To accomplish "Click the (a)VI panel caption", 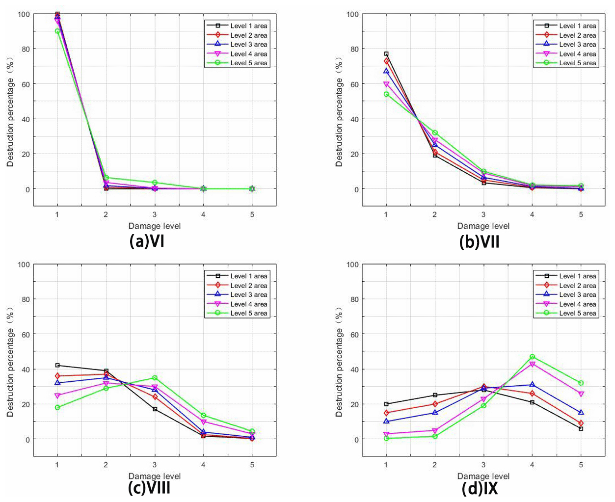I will coord(147,241).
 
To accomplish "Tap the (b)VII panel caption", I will coord(479,241).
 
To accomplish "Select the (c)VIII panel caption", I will coord(149,488).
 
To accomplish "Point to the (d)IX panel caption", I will coord(480,488).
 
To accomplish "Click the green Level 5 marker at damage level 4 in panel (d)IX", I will coord(532,357).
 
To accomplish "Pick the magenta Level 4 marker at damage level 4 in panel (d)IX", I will coord(532,364).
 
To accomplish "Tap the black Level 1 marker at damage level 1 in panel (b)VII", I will coord(386,54).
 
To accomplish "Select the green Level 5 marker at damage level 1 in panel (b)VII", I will coord(386,94).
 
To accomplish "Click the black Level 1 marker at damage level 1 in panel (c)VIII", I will coord(57,365).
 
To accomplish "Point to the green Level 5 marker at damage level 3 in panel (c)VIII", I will coord(155,378).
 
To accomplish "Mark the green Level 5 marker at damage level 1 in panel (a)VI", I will coord(57,31).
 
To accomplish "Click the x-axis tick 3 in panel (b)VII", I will coord(483,214).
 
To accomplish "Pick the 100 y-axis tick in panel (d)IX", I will coord(352,264).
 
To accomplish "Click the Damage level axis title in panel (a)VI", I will coord(155,226).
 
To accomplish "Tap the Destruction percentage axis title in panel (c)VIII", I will coord(10,362).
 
